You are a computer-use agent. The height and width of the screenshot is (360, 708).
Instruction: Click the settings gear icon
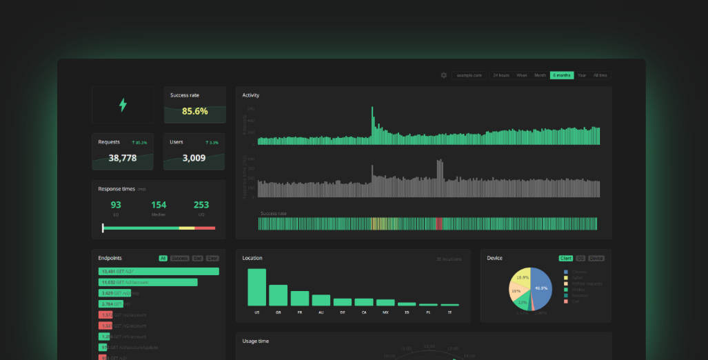coord(444,75)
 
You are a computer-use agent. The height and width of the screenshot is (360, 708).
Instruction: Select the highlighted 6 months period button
coord(561,75)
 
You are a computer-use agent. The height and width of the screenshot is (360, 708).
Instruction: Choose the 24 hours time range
coord(500,75)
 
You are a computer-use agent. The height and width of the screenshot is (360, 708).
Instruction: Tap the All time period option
coord(600,75)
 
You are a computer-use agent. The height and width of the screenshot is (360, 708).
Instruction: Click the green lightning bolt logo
coord(123,105)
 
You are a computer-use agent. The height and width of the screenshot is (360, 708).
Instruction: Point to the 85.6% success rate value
coord(194,111)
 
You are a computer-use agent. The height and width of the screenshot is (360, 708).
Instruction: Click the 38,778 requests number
coord(123,158)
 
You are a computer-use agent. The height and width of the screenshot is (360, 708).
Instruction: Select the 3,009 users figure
coord(194,158)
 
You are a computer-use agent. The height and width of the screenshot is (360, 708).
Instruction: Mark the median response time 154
coord(159,205)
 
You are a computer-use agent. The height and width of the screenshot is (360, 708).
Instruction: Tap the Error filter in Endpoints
coord(212,259)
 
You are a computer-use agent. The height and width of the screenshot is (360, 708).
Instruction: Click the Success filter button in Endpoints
coord(180,259)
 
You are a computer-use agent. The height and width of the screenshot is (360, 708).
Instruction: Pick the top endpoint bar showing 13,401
coord(159,272)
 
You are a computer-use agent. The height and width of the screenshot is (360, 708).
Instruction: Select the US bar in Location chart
coord(256,287)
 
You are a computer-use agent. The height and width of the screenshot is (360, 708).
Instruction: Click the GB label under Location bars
coord(278,313)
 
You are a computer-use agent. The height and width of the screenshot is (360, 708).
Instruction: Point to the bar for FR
coord(299,298)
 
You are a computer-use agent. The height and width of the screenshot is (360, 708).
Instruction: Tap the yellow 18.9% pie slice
coord(522,277)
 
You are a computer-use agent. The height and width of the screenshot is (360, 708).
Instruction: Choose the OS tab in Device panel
coord(580,259)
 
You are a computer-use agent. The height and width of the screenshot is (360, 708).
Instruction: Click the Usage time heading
coord(256,341)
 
